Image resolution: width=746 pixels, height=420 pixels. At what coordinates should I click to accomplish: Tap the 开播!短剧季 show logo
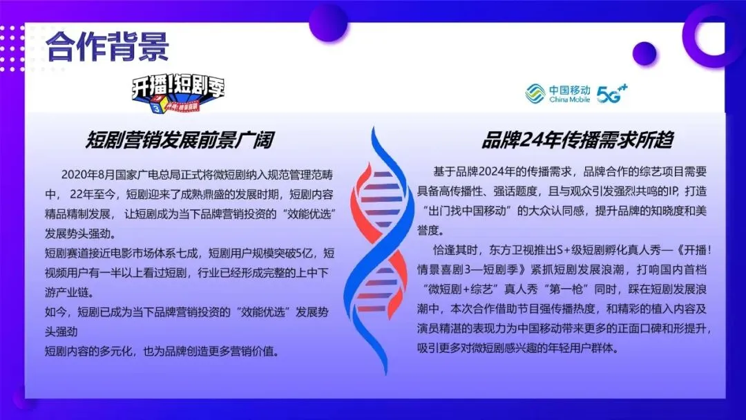click(179, 94)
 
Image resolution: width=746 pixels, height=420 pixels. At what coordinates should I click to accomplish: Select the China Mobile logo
click(558, 94)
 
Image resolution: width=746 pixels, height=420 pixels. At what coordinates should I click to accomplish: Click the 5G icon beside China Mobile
click(612, 93)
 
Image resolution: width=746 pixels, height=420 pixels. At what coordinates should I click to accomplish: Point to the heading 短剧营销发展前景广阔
click(179, 140)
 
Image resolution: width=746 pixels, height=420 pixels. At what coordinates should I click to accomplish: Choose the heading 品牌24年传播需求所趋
click(577, 140)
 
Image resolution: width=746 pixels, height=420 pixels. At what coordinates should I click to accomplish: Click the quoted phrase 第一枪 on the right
click(568, 286)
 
